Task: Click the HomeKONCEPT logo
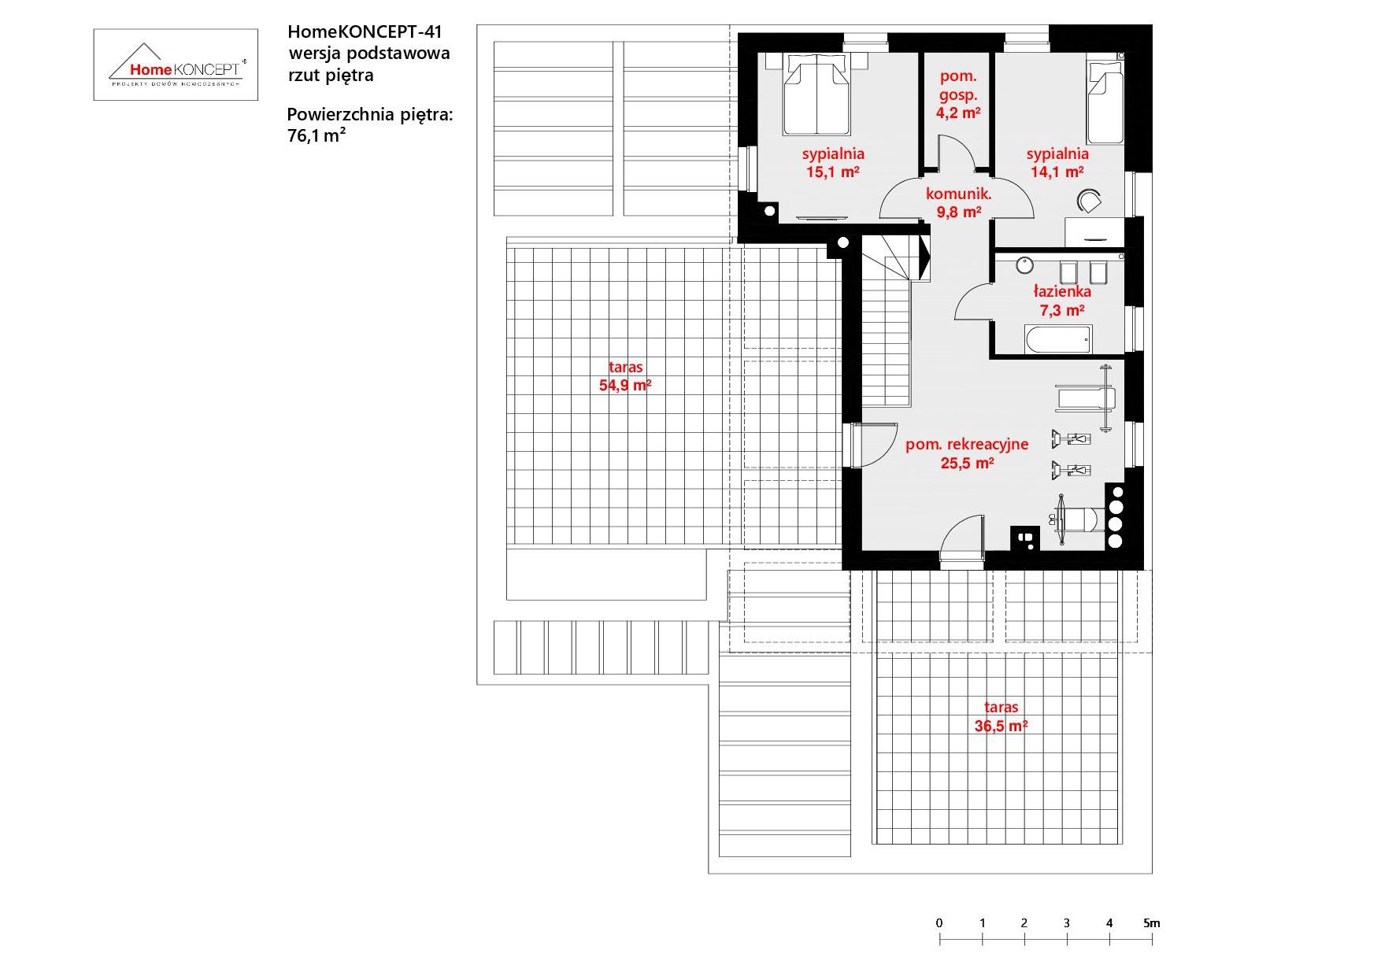176,65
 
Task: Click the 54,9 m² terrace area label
625,386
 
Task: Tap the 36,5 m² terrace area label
1001,726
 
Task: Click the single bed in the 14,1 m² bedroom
1105,102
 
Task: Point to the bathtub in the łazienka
1058,339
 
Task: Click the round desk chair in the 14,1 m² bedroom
1089,201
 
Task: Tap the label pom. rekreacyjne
967,444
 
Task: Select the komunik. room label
958,194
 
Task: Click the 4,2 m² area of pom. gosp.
958,113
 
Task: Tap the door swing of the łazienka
973,301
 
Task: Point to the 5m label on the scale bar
1152,923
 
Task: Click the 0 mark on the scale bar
939,923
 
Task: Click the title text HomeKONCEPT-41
365,32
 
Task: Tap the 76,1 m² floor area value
317,135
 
